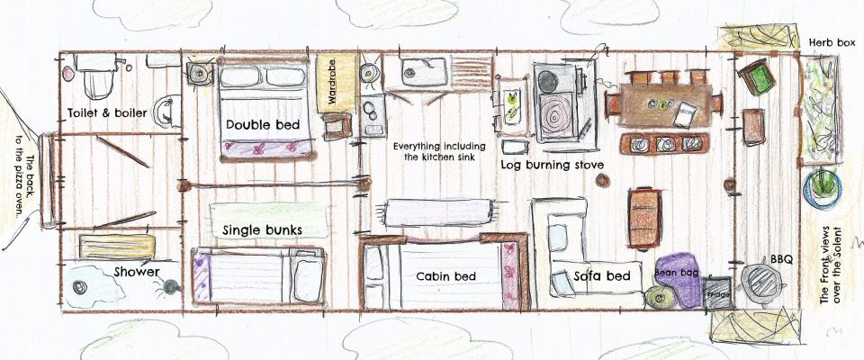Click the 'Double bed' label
[x=263, y=125]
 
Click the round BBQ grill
[x=762, y=283]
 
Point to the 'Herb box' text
[x=832, y=42]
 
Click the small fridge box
[x=717, y=292]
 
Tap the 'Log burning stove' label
[x=552, y=165]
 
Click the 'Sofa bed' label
[x=601, y=275]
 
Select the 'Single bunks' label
[x=262, y=229]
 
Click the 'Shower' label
[x=137, y=272]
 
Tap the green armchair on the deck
[x=757, y=77]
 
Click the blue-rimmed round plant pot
[x=822, y=188]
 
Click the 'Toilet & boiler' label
[x=107, y=113]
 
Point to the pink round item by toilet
[x=68, y=73]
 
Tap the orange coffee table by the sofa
[x=644, y=218]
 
